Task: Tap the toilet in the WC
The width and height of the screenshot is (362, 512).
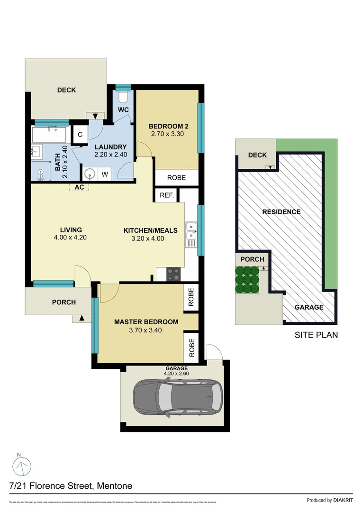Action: (x=123, y=98)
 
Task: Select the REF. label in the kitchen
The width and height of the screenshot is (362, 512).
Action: (x=167, y=195)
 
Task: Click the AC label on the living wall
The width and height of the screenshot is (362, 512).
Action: (x=79, y=187)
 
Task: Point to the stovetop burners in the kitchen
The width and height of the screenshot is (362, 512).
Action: (x=173, y=274)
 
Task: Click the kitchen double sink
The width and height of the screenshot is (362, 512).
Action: (x=191, y=231)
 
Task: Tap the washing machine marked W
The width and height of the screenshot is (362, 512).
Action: (x=105, y=174)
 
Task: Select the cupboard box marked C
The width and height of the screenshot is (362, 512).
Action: (x=81, y=135)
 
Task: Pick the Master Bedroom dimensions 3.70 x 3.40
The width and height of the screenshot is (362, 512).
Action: (x=146, y=330)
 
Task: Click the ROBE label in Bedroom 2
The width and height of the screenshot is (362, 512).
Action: (x=176, y=178)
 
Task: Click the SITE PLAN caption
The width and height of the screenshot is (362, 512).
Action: (x=316, y=335)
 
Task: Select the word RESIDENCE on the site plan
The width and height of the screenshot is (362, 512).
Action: (x=281, y=212)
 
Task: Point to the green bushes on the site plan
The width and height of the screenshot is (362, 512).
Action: (x=247, y=280)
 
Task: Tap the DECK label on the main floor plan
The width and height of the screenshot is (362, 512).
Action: (x=66, y=90)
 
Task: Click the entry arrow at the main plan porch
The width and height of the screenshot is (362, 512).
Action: (x=83, y=319)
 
